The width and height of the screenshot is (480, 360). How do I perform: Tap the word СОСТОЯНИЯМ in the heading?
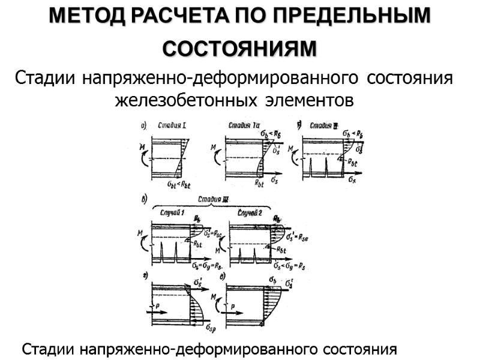pyautogui.click(x=239, y=49)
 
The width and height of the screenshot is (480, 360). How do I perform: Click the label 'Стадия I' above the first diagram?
pyautogui.click(x=171, y=126)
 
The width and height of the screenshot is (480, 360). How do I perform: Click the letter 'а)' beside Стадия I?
pyautogui.click(x=144, y=126)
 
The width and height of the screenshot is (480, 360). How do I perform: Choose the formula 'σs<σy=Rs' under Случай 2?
pyautogui.click(x=290, y=265)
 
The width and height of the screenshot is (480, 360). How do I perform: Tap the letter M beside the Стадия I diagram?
pyautogui.click(x=141, y=147)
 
